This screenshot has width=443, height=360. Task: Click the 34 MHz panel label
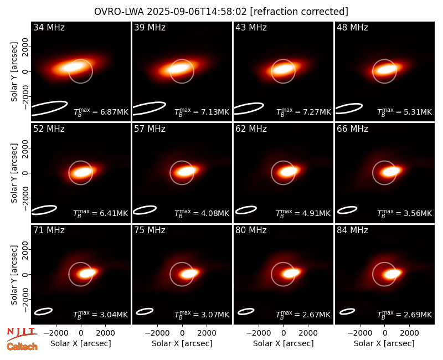tap(49, 27)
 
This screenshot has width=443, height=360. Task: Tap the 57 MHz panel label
tap(150, 129)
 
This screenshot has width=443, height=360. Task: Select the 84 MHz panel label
tap(352, 230)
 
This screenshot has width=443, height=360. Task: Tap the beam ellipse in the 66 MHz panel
tap(347, 210)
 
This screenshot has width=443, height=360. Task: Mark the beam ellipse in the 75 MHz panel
tap(145, 311)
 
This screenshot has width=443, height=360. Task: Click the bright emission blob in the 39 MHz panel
tap(178, 69)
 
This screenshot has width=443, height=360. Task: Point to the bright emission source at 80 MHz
tap(291, 273)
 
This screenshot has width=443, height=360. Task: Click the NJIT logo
tap(22, 334)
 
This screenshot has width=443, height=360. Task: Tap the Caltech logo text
tap(22, 347)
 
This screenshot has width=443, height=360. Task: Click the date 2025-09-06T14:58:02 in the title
tap(197, 12)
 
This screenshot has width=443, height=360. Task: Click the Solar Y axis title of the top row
tap(14, 71)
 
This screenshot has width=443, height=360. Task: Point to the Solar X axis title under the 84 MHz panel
tap(384, 343)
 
